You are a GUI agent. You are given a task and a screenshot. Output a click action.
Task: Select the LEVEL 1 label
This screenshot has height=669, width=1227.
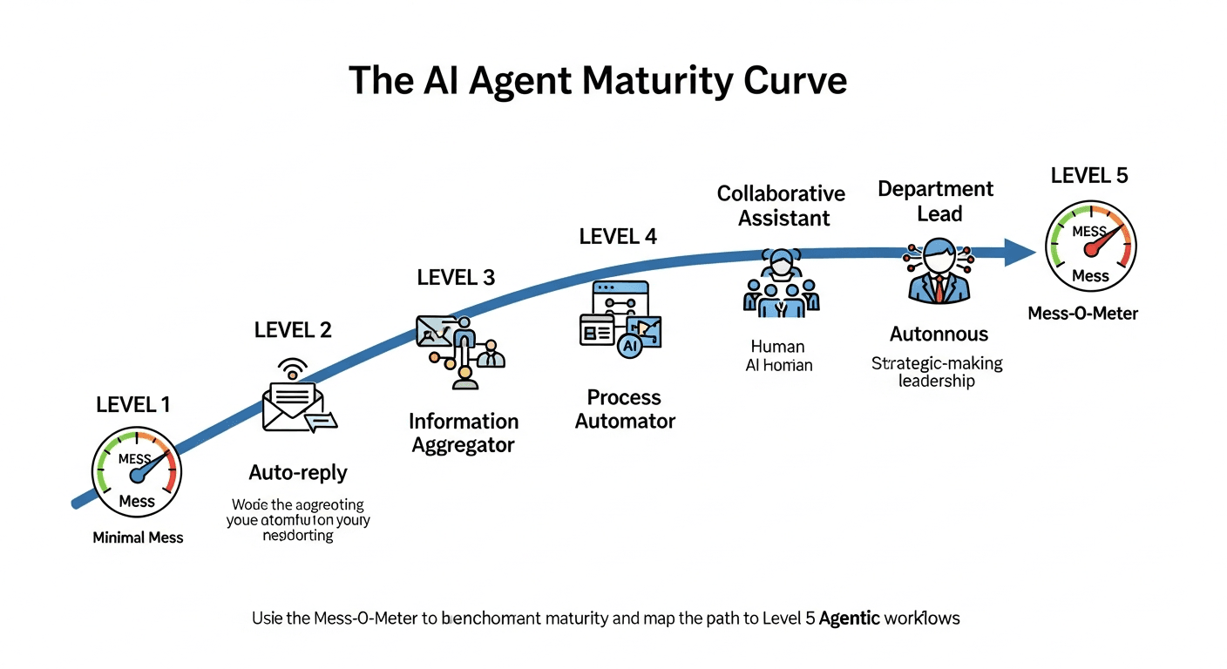(x=133, y=404)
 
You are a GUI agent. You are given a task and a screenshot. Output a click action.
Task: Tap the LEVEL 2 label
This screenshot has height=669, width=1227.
(x=293, y=330)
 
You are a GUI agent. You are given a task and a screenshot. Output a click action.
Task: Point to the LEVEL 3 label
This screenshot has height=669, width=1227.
(x=456, y=278)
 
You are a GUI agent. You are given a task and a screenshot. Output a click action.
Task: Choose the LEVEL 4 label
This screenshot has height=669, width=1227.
(x=618, y=236)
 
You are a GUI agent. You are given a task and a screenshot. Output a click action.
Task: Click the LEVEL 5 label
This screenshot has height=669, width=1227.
(x=1089, y=175)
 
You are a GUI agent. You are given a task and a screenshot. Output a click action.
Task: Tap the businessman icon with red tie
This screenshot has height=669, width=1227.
(x=938, y=271)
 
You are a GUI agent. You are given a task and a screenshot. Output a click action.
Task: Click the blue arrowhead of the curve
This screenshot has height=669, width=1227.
(x=1017, y=252)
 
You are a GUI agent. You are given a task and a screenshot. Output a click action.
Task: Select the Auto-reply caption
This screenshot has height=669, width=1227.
(x=298, y=473)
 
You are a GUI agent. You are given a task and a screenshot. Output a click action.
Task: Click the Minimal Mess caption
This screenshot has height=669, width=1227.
(x=138, y=537)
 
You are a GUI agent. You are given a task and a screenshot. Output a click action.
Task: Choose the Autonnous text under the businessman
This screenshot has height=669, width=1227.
(x=939, y=334)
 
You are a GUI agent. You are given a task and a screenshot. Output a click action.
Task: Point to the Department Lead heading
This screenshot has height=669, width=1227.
(x=935, y=201)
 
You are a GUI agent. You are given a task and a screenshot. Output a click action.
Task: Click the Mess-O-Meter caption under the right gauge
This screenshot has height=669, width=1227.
(x=1082, y=313)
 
